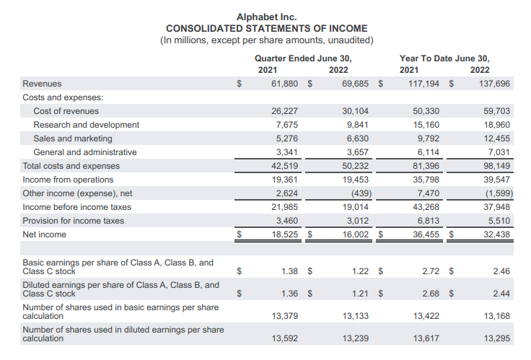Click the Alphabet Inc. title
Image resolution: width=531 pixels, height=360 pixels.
point(266,17)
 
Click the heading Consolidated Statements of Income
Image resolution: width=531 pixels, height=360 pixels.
point(266,28)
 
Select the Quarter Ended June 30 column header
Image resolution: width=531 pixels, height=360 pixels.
point(303,58)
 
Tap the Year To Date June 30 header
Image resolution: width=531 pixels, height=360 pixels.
point(444,58)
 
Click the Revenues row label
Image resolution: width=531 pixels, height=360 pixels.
point(42,84)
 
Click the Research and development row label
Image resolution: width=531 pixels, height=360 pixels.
point(86,125)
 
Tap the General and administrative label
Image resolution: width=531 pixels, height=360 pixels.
point(84,152)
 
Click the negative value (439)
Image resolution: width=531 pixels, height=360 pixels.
point(357,193)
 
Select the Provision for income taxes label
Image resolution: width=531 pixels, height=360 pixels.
point(73,221)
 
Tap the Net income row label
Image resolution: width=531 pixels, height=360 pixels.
point(44,234)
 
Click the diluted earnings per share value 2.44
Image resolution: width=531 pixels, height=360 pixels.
point(500,294)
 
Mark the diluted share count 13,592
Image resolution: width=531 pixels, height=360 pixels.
point(284,338)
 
